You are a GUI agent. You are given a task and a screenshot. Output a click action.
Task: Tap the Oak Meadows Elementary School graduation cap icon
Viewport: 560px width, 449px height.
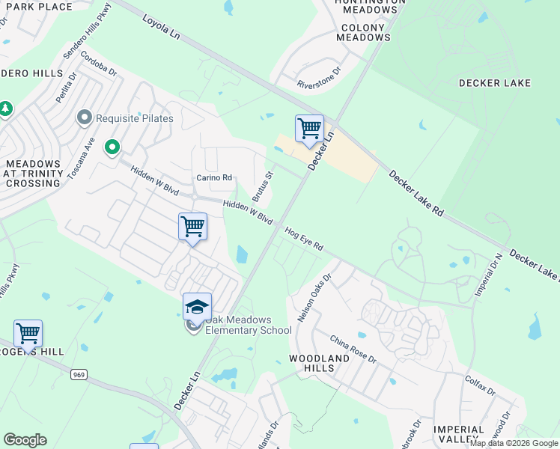coord(197,307)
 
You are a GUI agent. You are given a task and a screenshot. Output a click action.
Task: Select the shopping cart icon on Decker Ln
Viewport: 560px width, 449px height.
coord(308,129)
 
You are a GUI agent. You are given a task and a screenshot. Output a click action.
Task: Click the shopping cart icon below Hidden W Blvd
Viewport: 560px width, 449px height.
coord(192,226)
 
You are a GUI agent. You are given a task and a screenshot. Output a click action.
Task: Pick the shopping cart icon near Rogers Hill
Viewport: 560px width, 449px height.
coord(28,333)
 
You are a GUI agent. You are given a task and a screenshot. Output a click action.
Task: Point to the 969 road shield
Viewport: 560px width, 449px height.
coord(78,373)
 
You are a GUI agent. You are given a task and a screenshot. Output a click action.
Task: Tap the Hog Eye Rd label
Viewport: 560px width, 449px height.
coord(304,239)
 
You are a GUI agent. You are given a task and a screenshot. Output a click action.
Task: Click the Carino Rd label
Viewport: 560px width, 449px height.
coord(214,177)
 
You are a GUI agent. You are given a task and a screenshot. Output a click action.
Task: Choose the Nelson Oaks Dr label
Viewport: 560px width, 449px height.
coord(314,297)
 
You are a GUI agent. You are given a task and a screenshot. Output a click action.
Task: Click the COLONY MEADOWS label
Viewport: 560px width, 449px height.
coord(364,32)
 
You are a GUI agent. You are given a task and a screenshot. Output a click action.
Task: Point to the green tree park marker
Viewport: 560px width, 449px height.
coord(6,109)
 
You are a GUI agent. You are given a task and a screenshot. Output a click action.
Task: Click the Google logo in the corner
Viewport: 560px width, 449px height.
coord(25,440)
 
